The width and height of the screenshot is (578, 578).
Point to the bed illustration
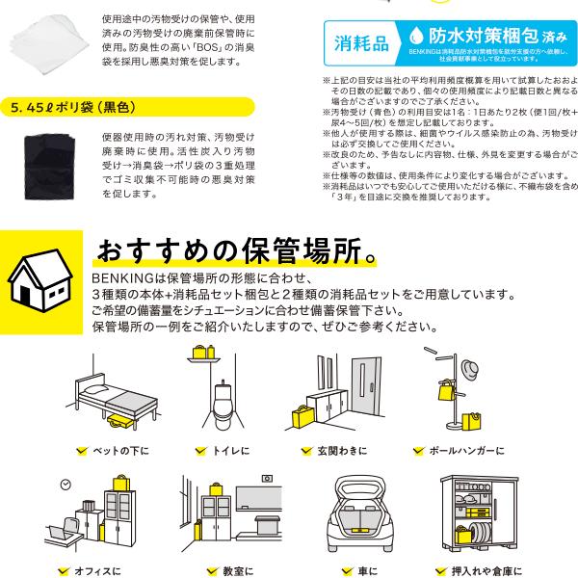point(107,400)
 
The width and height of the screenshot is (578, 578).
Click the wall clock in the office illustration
point(66,483)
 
